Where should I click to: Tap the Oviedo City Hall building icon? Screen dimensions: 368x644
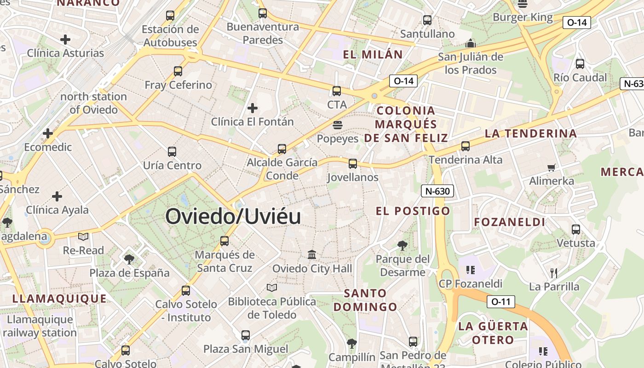point(312,254)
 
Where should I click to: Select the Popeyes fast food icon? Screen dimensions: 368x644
point(337,125)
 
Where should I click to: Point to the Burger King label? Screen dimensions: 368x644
point(523,17)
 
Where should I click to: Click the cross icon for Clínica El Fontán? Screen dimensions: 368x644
point(252,108)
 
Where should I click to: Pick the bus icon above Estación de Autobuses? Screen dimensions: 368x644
point(170,16)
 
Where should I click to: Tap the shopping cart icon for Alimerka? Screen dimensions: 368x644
point(551,167)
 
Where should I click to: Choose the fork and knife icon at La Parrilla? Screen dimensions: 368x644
point(554,273)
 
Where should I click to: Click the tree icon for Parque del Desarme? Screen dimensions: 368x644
point(402,246)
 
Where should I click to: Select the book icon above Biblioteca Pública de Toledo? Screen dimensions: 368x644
point(272,287)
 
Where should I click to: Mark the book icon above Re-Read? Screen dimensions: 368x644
point(83,237)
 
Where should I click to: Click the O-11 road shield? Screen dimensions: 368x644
point(500,302)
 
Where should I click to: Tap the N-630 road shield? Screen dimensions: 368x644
point(437,191)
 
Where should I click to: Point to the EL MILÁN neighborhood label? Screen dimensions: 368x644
point(373,55)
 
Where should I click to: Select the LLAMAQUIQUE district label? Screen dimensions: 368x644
point(59,299)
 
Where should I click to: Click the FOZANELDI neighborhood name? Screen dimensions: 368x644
point(510,222)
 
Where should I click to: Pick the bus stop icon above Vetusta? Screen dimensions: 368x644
point(575,230)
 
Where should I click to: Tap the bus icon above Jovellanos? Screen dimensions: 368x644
point(353,164)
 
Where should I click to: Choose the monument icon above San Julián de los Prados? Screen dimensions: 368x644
point(470,44)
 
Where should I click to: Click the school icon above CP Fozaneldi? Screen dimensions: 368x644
point(470,270)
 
